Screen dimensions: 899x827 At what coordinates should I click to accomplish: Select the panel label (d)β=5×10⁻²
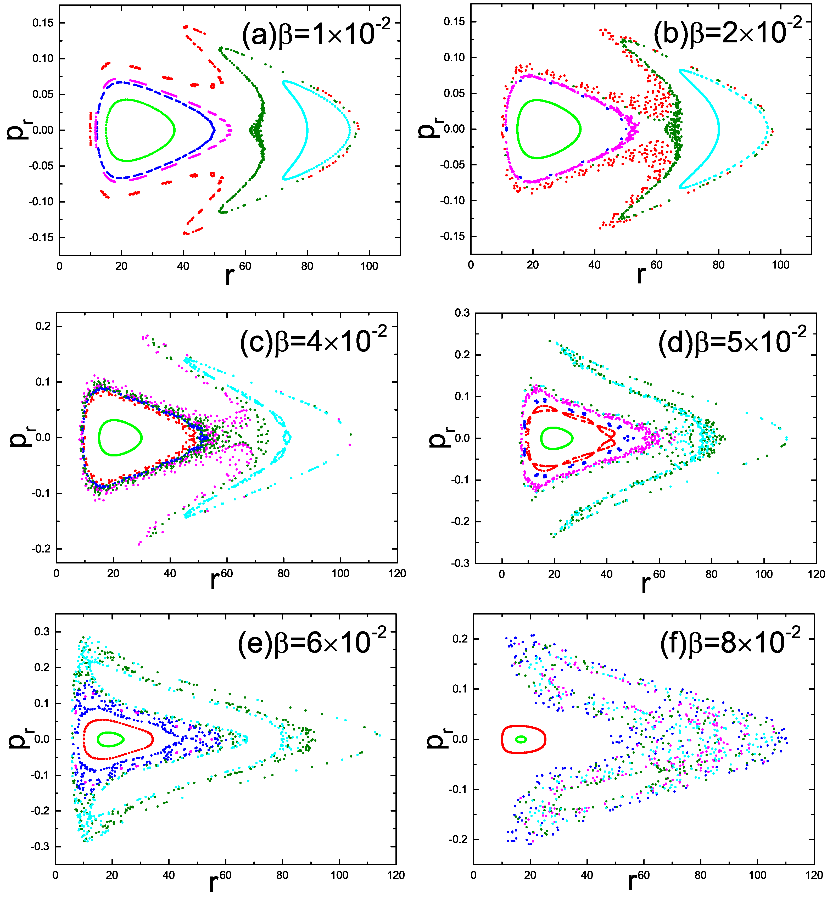pos(732,341)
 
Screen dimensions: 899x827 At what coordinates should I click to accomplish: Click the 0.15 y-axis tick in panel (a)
pos(43,23)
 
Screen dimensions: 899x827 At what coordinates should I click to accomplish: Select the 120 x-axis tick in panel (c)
pos(397,574)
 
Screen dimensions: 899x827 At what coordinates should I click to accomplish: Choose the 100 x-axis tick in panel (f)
pos(757,875)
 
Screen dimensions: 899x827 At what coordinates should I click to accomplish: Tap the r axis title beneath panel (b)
pos(641,274)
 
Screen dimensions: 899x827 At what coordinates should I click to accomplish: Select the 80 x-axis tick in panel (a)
pos(307,266)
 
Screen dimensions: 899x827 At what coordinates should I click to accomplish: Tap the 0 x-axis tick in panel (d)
pos(502,574)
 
